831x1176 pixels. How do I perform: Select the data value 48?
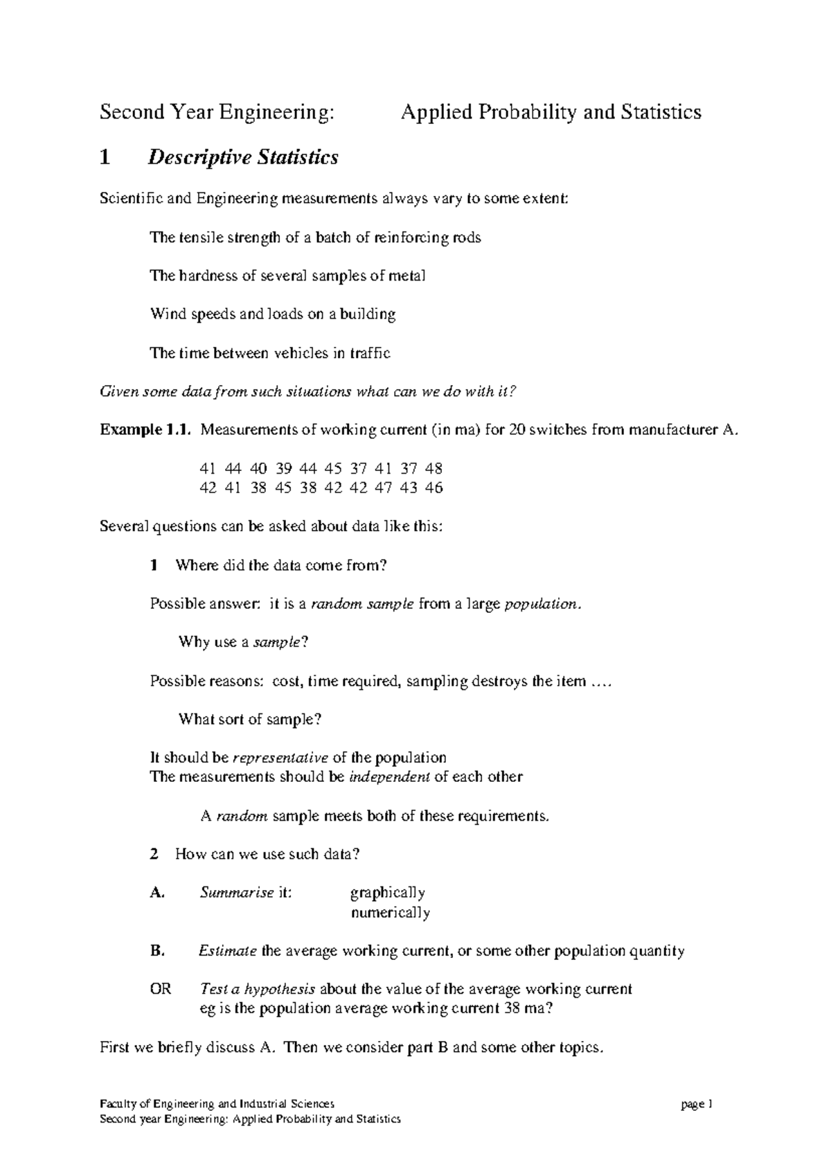(x=434, y=469)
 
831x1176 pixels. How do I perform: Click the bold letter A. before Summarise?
(x=157, y=893)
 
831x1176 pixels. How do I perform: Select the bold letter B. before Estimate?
(x=157, y=951)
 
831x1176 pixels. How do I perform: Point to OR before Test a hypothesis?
(x=161, y=989)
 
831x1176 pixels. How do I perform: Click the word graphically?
(x=388, y=893)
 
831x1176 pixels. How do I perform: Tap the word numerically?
(x=391, y=913)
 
